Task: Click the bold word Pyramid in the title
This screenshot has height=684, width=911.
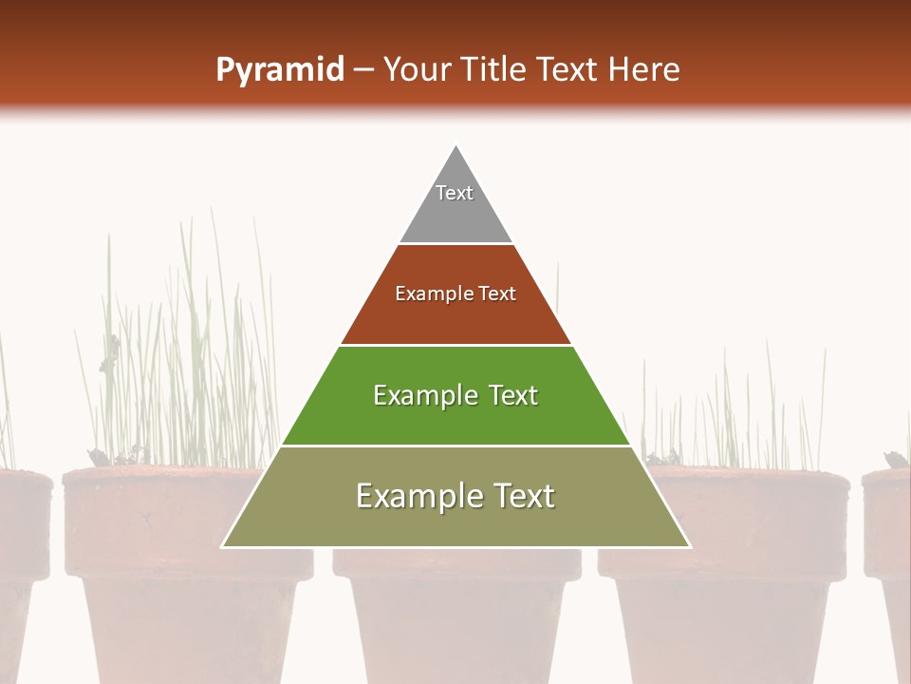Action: click(279, 69)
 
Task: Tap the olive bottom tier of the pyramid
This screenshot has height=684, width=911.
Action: click(455, 522)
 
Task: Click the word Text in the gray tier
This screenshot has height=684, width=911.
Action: click(455, 193)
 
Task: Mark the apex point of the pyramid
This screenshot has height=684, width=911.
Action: click(456, 146)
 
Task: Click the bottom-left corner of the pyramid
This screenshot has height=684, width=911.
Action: click(223, 546)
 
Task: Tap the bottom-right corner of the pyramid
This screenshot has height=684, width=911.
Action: click(689, 546)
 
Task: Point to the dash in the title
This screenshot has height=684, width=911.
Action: click(363, 69)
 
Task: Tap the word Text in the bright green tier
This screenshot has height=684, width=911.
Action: click(512, 395)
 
